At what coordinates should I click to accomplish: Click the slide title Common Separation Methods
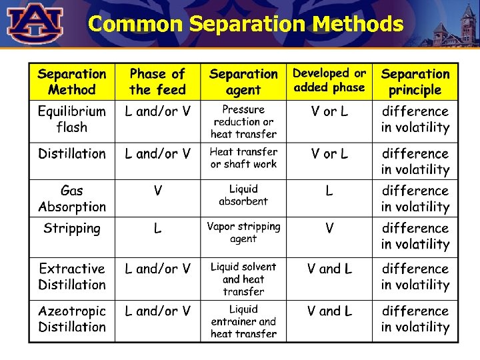coord(245,24)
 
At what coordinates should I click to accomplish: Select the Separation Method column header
coord(72,82)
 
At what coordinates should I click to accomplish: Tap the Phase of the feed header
coord(157,82)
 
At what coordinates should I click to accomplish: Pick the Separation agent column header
coord(243,82)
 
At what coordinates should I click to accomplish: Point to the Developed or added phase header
coord(329,80)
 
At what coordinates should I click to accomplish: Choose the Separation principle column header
coord(415,82)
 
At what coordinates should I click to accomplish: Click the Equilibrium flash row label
coord(72,119)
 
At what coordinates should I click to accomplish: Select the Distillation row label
coord(72,154)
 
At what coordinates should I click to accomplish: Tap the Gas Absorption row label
coord(72,199)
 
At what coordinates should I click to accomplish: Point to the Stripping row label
coord(72,229)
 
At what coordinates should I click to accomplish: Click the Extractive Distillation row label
coord(72,277)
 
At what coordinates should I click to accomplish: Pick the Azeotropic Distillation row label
coord(72,319)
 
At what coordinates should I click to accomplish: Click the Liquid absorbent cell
coord(243,195)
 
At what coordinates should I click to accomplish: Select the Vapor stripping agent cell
coord(243,233)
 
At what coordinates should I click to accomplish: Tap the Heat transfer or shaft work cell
coord(243,158)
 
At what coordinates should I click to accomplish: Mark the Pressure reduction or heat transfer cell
coord(243,121)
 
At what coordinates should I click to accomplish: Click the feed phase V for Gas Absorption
coord(158,191)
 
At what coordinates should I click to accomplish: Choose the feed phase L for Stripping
coord(158,229)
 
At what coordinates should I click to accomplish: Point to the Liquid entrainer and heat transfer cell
coord(243,321)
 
